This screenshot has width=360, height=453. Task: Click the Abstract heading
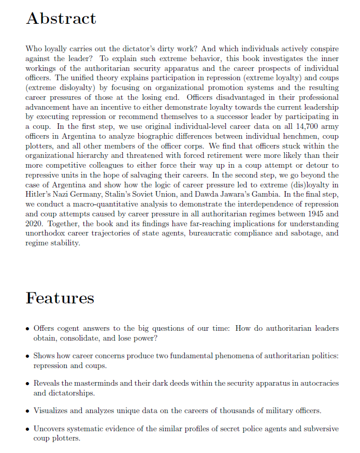click(x=61, y=19)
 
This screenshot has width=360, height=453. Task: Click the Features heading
click(x=60, y=298)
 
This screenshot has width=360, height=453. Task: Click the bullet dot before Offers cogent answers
click(x=27, y=329)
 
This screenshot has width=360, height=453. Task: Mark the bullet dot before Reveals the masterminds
click(x=27, y=384)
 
